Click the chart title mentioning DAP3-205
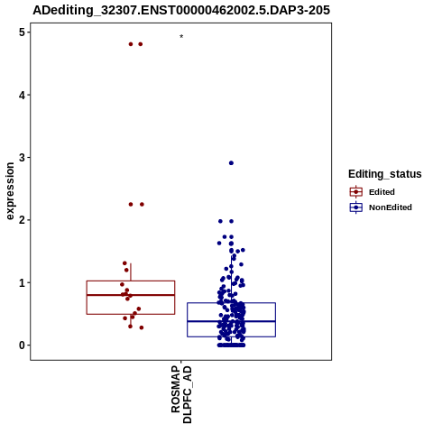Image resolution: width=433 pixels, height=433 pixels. tap(181, 10)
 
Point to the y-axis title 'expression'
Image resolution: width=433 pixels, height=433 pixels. tap(10, 191)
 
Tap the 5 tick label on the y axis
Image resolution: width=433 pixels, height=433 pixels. tap(23, 32)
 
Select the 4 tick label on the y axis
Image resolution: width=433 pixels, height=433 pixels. tap(23, 95)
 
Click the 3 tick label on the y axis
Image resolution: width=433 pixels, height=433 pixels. tap(23, 158)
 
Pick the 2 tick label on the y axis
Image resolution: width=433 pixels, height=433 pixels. tap(23, 220)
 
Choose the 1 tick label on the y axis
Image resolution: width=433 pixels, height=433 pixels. tap(23, 282)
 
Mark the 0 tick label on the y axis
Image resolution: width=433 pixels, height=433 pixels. tap(23, 345)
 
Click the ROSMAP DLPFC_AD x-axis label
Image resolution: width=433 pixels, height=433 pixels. tap(181, 394)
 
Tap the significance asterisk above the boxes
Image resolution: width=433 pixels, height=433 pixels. tap(181, 37)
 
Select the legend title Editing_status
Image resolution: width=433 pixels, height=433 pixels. tap(385, 174)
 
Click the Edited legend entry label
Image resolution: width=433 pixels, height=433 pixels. tap(382, 192)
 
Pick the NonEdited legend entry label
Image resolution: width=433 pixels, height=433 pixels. tap(391, 207)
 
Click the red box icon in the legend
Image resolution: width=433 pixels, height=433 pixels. tap(356, 192)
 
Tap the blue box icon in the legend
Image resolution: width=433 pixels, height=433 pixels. tap(356, 207)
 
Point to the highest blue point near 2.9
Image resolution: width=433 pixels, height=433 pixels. tap(231, 163)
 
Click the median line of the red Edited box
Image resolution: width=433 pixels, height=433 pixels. tap(131, 295)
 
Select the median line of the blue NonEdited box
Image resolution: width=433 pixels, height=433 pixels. tap(231, 321)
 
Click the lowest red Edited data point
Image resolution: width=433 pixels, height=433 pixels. tap(142, 327)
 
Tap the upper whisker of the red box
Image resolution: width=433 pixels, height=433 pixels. tap(131, 272)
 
